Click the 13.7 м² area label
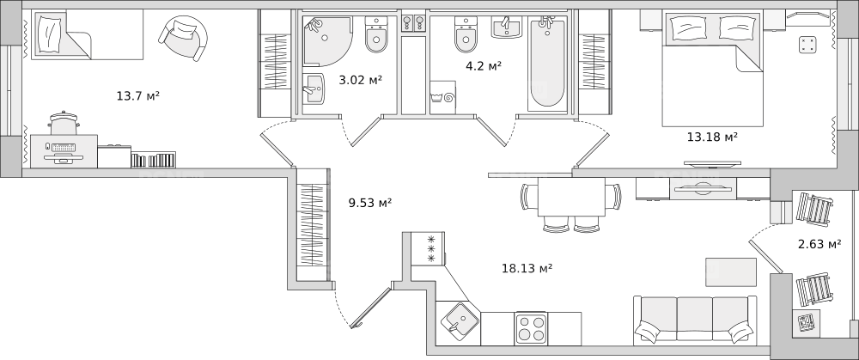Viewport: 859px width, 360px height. pos(137,96)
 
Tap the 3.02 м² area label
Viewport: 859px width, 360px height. pos(360,80)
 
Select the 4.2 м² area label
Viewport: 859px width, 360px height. pos(483,66)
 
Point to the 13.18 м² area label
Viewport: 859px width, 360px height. pos(711,137)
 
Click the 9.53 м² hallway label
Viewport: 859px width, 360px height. pos(369,204)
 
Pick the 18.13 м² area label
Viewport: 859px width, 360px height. pos(527,268)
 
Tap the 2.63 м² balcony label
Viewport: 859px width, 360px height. pos(819,244)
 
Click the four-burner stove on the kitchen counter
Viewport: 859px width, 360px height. pos(531,328)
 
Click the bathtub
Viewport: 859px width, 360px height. pos(547,63)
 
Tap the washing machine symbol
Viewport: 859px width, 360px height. pos(442,98)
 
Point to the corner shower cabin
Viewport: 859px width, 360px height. pos(327,40)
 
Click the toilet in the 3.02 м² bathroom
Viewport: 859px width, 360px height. pos(376,34)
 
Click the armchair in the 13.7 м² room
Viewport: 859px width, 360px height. pos(183,37)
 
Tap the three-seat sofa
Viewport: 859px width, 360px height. pos(695,320)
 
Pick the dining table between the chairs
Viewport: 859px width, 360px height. pos(571,197)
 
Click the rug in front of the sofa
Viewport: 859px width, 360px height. pos(731,272)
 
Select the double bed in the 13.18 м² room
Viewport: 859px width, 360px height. pos(713,69)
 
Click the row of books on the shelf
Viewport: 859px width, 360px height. pos(154,160)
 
